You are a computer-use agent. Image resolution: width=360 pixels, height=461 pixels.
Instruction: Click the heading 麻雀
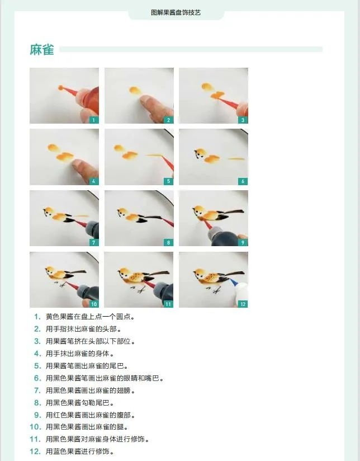click(x=42, y=49)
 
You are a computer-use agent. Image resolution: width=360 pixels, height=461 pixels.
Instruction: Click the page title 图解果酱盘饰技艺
click(x=176, y=12)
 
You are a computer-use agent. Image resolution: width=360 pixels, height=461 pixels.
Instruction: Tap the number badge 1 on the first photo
click(x=94, y=120)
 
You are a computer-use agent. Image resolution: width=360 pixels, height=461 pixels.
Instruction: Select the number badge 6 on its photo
click(x=243, y=181)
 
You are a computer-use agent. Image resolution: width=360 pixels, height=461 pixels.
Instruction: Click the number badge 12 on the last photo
click(x=243, y=304)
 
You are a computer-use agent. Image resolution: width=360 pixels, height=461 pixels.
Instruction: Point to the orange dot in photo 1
click(x=60, y=87)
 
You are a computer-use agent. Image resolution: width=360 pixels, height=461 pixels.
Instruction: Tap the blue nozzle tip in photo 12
click(x=234, y=282)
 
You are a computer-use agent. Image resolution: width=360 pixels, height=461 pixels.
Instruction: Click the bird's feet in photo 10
click(x=60, y=284)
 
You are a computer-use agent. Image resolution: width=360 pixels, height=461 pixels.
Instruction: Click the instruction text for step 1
click(x=90, y=317)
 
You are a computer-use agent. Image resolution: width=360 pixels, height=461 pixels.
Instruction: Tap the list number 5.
click(x=37, y=366)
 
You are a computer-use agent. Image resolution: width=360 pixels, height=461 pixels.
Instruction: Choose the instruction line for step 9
click(x=90, y=415)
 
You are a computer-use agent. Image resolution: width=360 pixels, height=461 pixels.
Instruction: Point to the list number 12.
click(x=35, y=451)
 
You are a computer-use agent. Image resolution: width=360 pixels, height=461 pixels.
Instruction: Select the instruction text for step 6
click(x=104, y=378)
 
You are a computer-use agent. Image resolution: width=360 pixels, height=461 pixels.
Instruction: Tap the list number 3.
click(x=37, y=341)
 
